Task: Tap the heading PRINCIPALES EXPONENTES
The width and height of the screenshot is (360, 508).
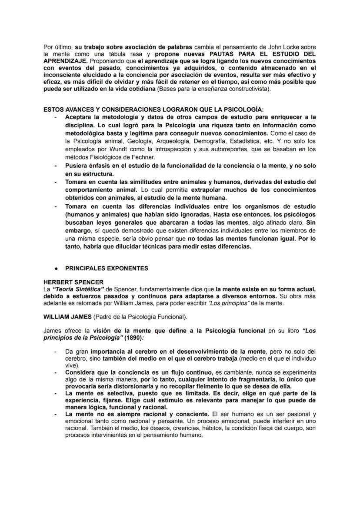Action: coord(107,268)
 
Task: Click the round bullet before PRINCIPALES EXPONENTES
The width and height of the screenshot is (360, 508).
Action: coord(56,268)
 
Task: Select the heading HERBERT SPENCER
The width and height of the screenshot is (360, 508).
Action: coord(73,282)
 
